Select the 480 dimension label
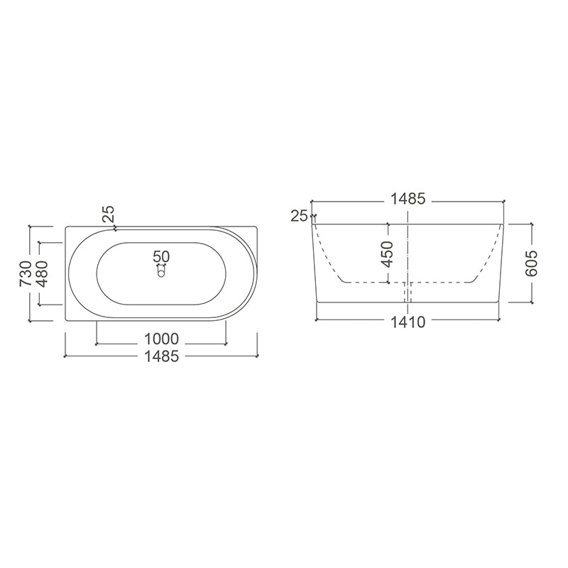pos(43,273)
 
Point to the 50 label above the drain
pos(161,256)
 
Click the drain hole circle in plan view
pos(161,271)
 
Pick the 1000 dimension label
pos(160,339)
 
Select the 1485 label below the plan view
pos(160,357)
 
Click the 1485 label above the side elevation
pos(408,200)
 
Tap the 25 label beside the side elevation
pos(299,216)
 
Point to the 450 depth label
pos(388,253)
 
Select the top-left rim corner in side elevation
pos(312,225)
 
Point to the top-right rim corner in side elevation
pos(504,225)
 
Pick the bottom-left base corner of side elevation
pos(316,302)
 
